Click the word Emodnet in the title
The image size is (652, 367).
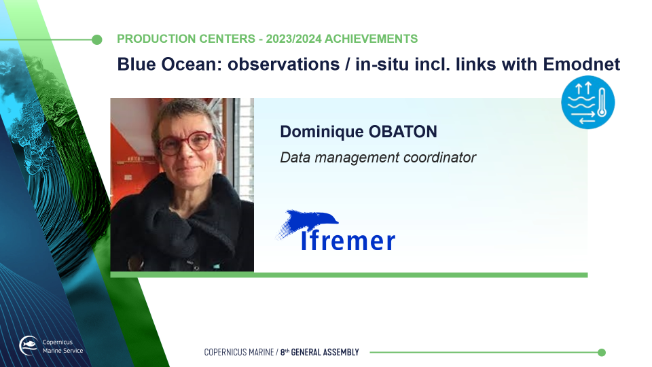pos(581,64)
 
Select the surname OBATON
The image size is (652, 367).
pos(403,131)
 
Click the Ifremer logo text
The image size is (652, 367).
pos(348,241)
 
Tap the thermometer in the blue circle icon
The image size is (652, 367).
pos(602,103)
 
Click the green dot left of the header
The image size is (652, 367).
pos(97,39)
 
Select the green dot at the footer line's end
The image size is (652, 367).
pos(602,353)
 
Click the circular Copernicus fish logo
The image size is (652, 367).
pos(29,345)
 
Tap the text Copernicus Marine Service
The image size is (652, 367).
pos(62,346)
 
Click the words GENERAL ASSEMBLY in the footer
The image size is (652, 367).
pos(325,353)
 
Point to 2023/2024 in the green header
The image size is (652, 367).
pos(293,39)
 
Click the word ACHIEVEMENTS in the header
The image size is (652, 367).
pos(371,39)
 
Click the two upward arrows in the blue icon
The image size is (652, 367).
pos(583,88)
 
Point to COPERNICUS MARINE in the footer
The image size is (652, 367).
pos(238,353)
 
